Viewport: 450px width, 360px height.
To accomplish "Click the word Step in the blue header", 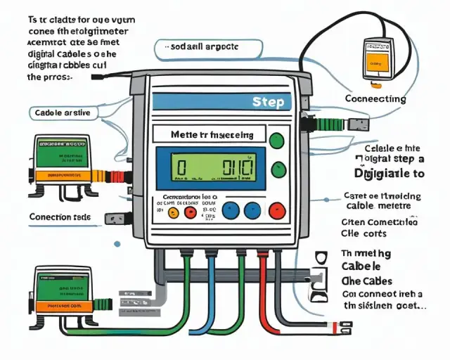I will click(x=268, y=103).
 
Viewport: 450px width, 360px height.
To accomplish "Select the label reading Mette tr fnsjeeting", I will click(x=210, y=133).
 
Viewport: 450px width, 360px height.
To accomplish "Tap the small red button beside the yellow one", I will click(x=190, y=211).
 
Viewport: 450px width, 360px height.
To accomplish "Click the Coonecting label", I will click(x=376, y=99).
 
